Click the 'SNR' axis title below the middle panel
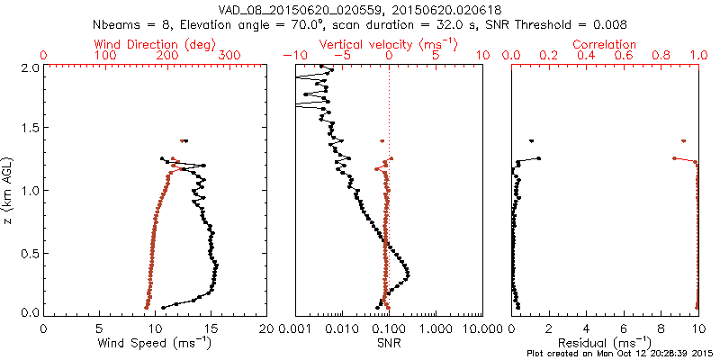[389, 343]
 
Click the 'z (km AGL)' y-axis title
[9, 190]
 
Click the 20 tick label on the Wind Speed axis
[266, 329]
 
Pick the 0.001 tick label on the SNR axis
[295, 329]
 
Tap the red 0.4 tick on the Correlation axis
[587, 56]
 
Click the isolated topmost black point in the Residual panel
[531, 141]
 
